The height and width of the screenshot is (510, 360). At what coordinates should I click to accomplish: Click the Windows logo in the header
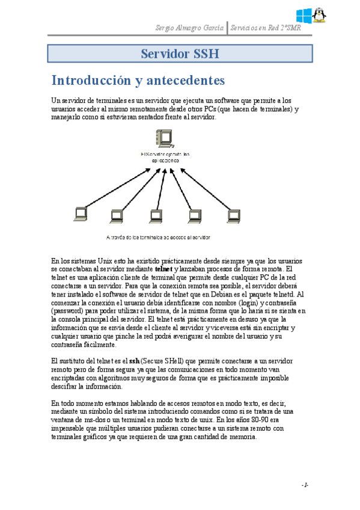point(304,15)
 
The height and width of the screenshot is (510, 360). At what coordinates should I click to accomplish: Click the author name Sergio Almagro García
point(189,28)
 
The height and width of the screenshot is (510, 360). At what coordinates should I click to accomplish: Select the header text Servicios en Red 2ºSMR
point(266,28)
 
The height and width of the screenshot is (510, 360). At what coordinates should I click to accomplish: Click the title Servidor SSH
point(179,54)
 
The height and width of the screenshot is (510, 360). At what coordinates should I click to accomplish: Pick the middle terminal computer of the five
point(155,215)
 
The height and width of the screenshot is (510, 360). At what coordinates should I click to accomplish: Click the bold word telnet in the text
point(163,269)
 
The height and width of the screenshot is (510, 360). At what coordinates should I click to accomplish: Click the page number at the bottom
point(305,484)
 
